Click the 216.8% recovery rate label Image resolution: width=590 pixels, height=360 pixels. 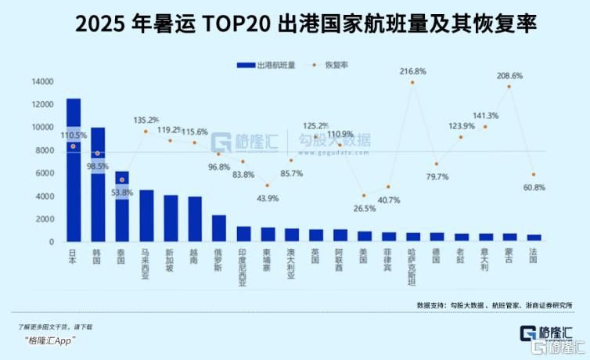tap(412, 71)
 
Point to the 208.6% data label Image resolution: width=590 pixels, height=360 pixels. tap(509, 76)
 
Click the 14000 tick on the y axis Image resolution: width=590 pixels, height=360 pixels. tap(42, 81)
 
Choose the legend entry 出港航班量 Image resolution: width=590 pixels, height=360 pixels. tap(266, 66)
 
